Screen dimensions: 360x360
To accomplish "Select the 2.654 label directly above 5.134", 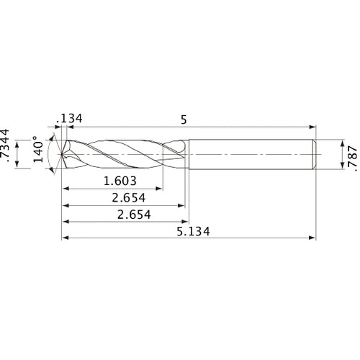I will coord(124,215).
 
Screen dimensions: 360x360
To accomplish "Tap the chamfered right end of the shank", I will coord(315,154).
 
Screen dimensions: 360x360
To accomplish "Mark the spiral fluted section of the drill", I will coord(122,154).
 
